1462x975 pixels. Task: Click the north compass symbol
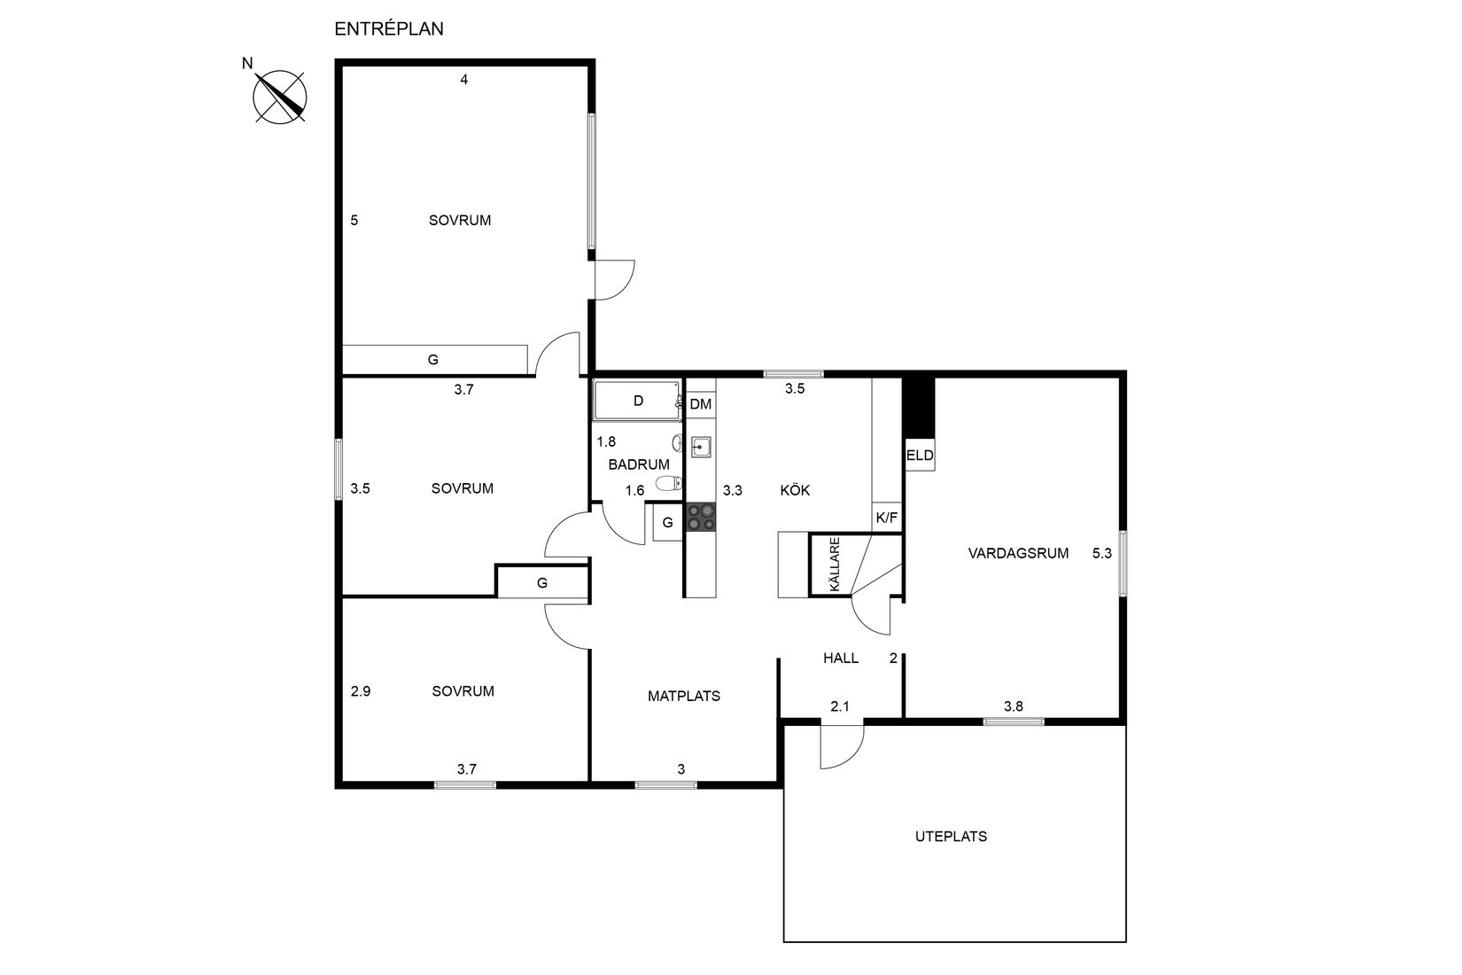point(280,96)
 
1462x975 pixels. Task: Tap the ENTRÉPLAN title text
point(388,28)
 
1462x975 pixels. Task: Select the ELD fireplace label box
point(920,456)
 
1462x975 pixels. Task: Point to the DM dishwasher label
point(701,404)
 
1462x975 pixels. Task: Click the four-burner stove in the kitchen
point(701,517)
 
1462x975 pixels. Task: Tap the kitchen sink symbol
point(701,447)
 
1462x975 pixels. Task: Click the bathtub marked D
point(637,401)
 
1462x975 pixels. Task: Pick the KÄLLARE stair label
point(833,565)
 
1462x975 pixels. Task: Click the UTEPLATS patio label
point(951,836)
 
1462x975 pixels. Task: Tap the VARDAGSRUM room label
point(1018,553)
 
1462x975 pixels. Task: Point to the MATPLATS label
point(683,696)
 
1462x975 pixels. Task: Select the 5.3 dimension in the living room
point(1101,553)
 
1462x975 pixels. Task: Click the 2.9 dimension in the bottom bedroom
point(360,691)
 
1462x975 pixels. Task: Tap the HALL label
point(840,658)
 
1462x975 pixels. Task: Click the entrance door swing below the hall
point(840,746)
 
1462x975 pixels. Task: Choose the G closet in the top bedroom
point(433,360)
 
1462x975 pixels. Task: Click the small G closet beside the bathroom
point(667,523)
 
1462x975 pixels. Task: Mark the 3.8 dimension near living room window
point(1013,706)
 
